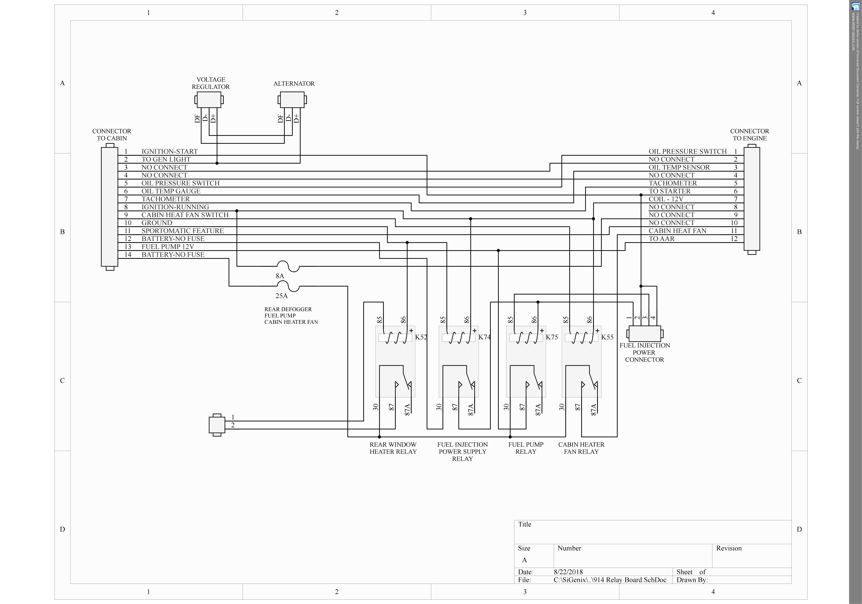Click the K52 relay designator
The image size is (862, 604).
[421, 337]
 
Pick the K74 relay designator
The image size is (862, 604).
[484, 337]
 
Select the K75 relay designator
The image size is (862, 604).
[552, 337]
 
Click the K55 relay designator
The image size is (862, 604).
[607, 337]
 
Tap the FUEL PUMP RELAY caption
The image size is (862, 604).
[526, 448]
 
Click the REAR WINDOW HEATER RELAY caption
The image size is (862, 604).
[393, 448]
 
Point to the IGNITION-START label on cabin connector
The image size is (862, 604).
[169, 151]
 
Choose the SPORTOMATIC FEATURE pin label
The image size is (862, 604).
[182, 231]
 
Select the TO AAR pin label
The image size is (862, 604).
[662, 239]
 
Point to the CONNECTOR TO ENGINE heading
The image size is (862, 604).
[749, 135]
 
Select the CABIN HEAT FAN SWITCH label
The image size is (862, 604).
[185, 215]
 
